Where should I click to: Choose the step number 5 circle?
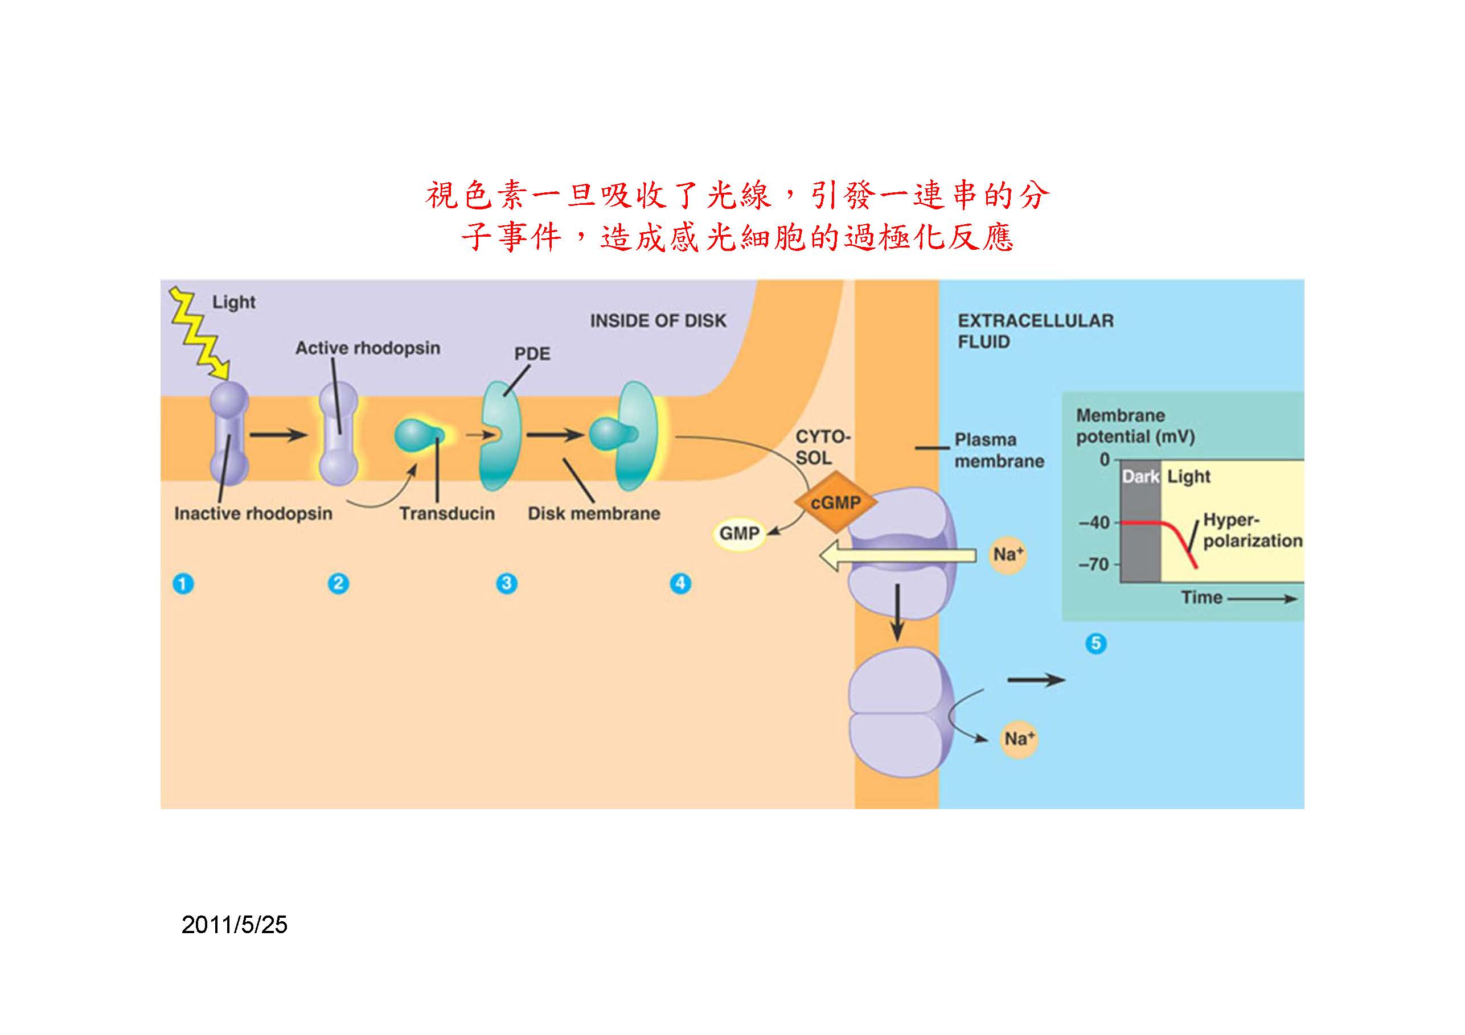[1096, 644]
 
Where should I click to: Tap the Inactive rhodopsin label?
[253, 513]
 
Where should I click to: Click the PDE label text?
[532, 354]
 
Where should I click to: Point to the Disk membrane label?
[593, 513]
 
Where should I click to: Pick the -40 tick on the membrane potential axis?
[1095, 523]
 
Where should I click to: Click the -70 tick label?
[1095, 564]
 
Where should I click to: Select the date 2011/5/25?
[234, 925]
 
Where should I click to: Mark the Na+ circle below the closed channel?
[1019, 739]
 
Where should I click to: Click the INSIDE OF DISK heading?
[658, 321]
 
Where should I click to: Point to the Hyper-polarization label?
[1252, 530]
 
